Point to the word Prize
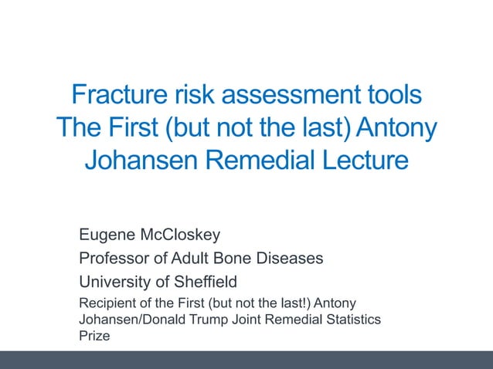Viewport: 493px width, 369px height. point(94,336)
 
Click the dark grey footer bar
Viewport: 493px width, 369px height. point(246,360)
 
